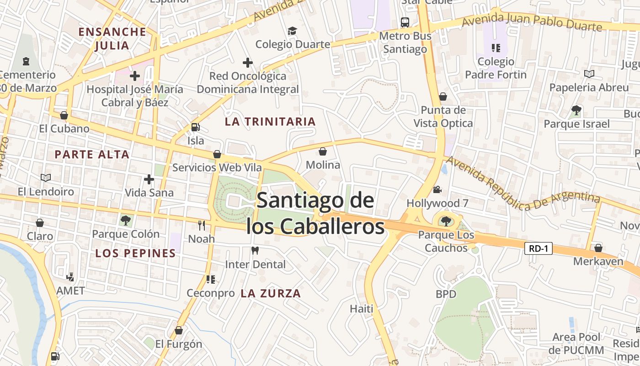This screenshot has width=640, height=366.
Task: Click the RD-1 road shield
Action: (x=539, y=249)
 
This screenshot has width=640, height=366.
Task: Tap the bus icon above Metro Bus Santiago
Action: (x=405, y=22)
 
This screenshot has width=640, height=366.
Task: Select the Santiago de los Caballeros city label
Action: (x=315, y=213)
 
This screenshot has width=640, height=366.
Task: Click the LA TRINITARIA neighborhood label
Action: (x=270, y=121)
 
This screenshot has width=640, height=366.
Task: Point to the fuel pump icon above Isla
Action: (x=195, y=128)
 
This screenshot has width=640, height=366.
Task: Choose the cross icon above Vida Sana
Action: (x=149, y=179)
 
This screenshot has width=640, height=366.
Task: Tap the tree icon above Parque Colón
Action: (x=126, y=221)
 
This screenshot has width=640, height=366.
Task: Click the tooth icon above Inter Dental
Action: (x=255, y=251)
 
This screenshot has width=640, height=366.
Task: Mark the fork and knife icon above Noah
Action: (x=201, y=225)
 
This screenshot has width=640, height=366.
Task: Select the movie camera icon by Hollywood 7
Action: (x=437, y=189)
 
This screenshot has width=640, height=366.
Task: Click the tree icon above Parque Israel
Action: (x=576, y=110)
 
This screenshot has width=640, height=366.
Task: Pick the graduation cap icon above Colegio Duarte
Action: (x=292, y=31)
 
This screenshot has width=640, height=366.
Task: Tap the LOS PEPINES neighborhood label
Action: (x=135, y=253)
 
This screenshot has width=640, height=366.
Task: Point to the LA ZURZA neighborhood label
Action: (x=271, y=293)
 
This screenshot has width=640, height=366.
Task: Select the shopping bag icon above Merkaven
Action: (x=598, y=248)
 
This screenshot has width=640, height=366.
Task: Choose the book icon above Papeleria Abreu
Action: (x=589, y=74)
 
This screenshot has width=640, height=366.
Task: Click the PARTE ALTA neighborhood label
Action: (x=92, y=154)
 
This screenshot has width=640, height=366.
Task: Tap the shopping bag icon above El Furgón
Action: (x=179, y=330)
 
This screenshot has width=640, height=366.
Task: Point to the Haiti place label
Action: (x=362, y=308)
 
